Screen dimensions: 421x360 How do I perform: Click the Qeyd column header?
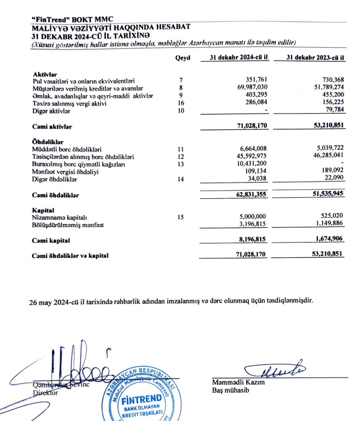click(x=182, y=58)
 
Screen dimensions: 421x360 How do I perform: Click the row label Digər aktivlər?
click(x=52, y=112)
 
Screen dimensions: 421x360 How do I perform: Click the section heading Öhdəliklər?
click(x=48, y=142)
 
